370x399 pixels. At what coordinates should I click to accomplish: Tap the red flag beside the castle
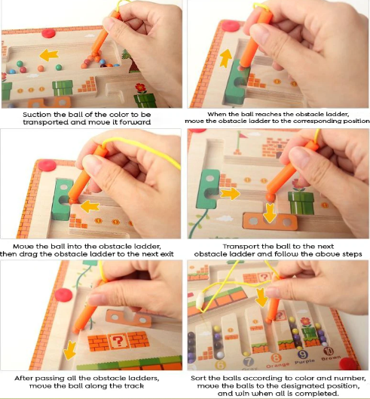[243, 135]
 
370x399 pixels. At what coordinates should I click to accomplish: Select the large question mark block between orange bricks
[118, 341]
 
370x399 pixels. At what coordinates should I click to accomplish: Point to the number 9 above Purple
[303, 354]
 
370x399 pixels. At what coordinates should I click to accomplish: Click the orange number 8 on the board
[276, 358]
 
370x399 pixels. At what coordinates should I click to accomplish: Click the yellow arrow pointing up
[226, 58]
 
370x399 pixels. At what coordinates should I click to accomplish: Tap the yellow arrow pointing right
[230, 194]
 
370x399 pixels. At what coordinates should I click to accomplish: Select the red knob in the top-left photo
[48, 33]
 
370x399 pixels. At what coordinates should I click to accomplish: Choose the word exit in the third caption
[167, 254]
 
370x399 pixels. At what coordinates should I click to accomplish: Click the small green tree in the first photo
[124, 54]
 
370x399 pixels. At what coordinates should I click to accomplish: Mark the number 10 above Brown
[329, 351]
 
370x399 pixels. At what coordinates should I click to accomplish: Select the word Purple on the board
[304, 361]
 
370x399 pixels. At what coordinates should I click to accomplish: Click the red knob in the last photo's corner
[349, 363]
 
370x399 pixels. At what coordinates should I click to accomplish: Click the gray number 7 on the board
[248, 361]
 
